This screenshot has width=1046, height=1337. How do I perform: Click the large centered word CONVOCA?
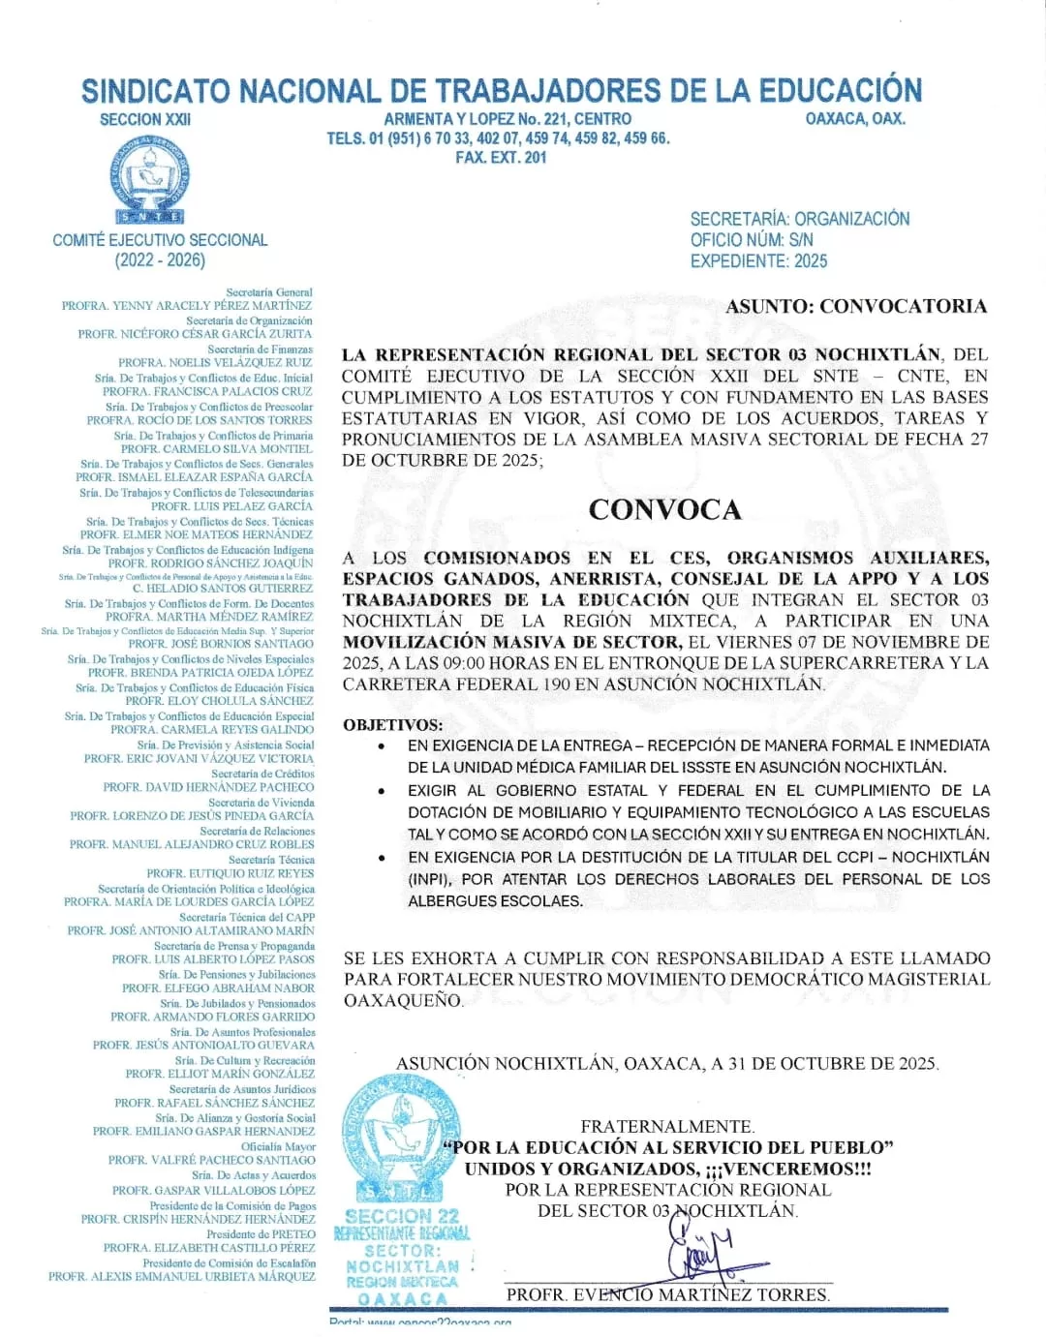[664, 510]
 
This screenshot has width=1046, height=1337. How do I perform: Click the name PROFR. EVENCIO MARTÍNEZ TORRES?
[668, 1294]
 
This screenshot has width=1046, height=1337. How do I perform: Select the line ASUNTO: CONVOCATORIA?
[856, 307]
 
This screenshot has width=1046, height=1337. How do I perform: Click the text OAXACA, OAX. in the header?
[855, 119]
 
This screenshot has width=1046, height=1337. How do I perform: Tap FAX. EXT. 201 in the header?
[501, 157]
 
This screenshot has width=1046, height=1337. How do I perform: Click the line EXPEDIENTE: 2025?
[758, 261]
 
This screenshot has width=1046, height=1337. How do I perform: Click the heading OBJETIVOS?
[393, 724]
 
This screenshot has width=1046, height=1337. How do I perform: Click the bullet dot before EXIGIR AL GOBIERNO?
[383, 791]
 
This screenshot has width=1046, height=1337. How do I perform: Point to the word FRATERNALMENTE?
[667, 1126]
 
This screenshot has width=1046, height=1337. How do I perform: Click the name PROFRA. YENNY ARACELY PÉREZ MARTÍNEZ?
[187, 306]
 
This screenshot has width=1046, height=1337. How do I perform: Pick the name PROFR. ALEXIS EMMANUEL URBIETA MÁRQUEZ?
[182, 1277]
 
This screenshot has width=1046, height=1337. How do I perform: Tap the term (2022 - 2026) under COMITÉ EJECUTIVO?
[160, 260]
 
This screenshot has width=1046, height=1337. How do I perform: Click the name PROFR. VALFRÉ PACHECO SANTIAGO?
[211, 1160]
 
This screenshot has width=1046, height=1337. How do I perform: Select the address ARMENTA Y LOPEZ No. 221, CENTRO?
[508, 119]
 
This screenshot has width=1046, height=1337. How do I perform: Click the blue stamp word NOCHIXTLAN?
[403, 1266]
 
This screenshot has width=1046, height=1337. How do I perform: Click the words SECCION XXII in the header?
[145, 119]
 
